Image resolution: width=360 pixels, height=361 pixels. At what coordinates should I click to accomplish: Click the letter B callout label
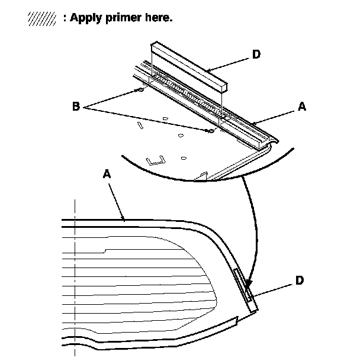point(76,107)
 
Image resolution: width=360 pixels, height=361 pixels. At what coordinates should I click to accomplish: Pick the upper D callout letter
point(255,54)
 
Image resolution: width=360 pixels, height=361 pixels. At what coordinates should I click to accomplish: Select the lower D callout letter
point(300,280)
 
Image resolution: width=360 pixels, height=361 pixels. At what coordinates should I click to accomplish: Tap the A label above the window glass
point(107,175)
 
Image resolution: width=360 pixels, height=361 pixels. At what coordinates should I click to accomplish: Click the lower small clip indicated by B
point(210,130)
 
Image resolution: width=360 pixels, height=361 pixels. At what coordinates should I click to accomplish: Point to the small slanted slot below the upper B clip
point(140,125)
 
